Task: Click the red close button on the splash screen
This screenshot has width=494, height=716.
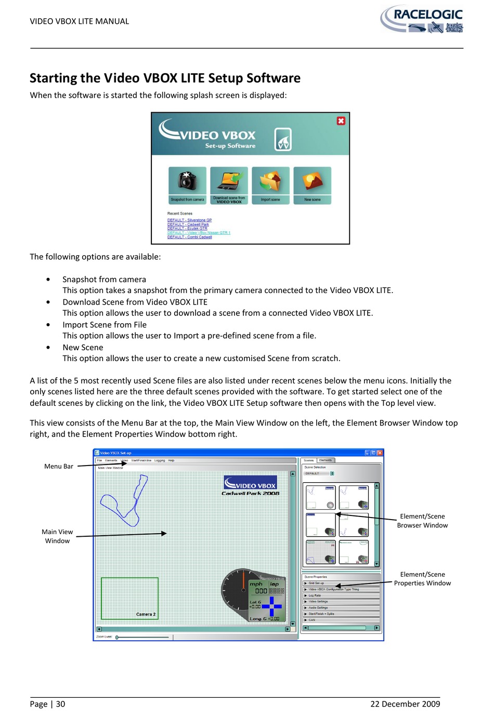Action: (x=341, y=121)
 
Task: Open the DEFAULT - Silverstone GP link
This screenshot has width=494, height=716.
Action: (x=189, y=220)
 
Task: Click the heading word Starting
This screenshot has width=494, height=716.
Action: (x=53, y=78)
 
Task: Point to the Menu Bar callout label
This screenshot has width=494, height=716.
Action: (x=59, y=467)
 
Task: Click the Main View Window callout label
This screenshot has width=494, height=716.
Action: (x=57, y=536)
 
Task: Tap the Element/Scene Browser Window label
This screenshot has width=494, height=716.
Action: (x=422, y=521)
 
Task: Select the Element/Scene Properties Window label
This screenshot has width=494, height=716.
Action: (x=422, y=579)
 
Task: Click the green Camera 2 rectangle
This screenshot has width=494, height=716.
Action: (x=129, y=598)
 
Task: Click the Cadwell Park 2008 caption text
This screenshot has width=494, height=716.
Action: (x=250, y=493)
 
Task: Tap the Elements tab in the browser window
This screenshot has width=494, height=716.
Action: (x=326, y=460)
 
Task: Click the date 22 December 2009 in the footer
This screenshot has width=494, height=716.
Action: (x=405, y=704)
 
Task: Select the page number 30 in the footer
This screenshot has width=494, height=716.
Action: (x=61, y=704)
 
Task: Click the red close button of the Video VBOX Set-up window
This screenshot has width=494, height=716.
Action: (x=380, y=453)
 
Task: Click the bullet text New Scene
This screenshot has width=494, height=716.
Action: (x=83, y=348)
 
